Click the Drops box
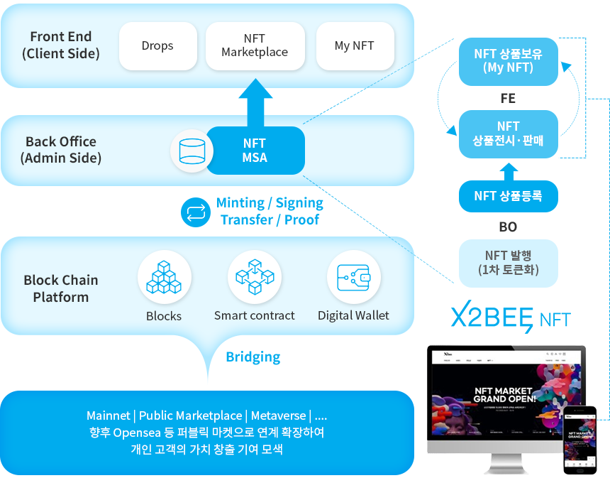(157, 46)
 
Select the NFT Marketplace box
(255, 46)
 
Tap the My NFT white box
(354, 46)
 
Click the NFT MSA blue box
(255, 151)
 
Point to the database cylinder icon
(192, 151)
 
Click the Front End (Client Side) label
(61, 45)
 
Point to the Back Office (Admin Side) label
(61, 150)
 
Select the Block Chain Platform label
(61, 288)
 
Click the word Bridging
(253, 357)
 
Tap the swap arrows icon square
(196, 212)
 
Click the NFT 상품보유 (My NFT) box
(508, 61)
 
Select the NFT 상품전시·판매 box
(508, 134)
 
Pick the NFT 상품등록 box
(508, 196)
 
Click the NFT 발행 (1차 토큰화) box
(508, 263)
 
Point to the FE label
(508, 99)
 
